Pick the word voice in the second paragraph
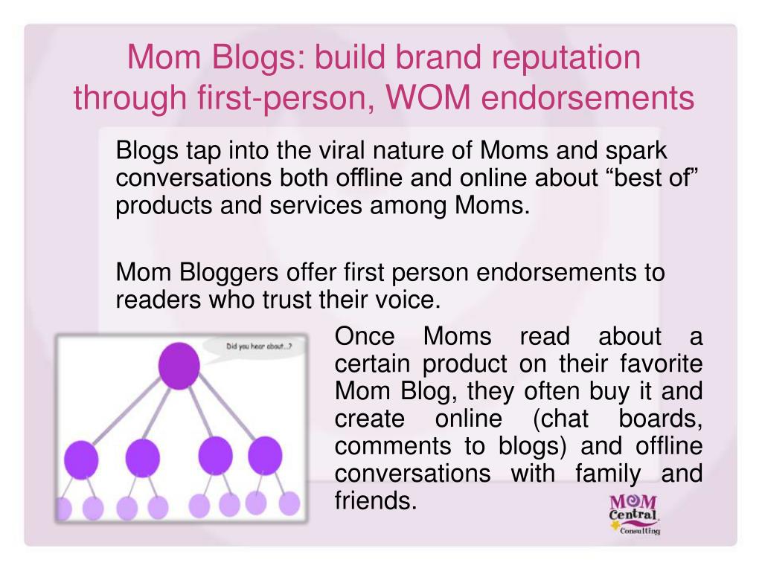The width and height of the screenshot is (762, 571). click(x=408, y=300)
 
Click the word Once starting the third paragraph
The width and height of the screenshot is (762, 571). click(x=366, y=337)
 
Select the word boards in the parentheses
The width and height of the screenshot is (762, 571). click(x=660, y=419)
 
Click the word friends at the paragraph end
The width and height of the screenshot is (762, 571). click(x=374, y=500)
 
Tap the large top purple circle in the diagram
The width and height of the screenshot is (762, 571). click(x=179, y=365)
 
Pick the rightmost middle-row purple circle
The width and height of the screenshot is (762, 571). click(x=265, y=455)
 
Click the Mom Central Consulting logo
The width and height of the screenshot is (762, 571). click(x=634, y=512)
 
